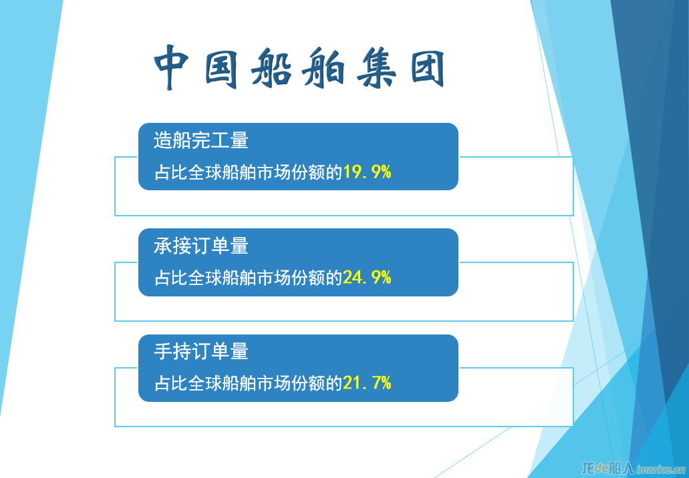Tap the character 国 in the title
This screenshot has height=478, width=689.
point(221,68)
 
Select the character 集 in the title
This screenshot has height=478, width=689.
point(376,69)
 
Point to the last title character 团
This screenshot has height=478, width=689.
point(428,68)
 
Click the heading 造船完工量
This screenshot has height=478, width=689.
point(201,140)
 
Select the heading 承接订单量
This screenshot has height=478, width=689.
point(201,246)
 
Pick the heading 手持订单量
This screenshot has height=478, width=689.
point(201,352)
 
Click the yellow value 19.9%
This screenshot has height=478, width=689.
point(367,172)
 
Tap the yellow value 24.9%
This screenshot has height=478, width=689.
point(367,278)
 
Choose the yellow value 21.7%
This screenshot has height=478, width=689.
point(367,383)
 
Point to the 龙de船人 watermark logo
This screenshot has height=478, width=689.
point(608,469)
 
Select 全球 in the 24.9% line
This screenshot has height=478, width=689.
point(204,278)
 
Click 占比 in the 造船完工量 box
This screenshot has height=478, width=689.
point(170,172)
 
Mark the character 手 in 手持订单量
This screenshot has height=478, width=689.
point(163,352)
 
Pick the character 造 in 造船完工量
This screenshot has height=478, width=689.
point(163,140)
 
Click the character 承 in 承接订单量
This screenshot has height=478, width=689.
point(163,246)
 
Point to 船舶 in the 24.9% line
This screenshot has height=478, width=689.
point(239,278)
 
